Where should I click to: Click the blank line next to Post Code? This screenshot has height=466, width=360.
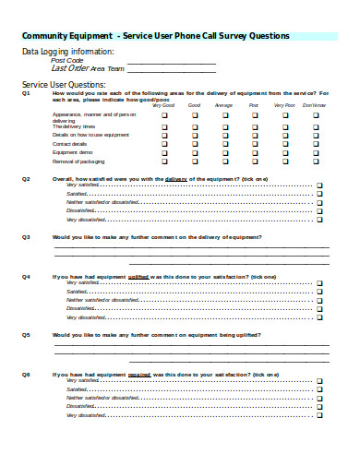171,61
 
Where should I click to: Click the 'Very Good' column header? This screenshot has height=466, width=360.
163,104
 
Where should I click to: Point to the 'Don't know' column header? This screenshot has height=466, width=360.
314,104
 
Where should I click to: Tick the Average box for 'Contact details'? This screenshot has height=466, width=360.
224,144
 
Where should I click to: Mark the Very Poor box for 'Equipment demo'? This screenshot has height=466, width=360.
284,153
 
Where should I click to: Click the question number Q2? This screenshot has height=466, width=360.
26,178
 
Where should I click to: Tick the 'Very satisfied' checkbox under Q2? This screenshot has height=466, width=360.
319,185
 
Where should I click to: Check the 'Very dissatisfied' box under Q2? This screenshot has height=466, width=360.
319,220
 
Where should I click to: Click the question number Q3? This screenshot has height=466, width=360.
26,237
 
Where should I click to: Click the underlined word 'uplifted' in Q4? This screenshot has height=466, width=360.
138,277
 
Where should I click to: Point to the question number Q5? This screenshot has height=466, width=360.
26,335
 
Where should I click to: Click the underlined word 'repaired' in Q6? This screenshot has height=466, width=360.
139,375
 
